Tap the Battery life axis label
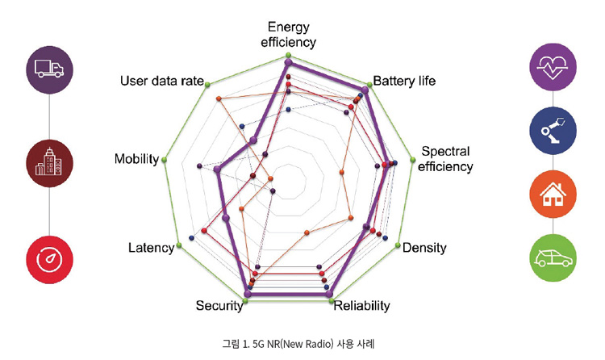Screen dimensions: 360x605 point(403,82)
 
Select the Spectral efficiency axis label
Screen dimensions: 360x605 point(445,159)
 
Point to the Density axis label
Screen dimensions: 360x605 point(424,247)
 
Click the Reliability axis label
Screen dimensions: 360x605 point(362,306)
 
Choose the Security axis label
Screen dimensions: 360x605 point(219,305)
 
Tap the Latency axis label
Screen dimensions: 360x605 point(151,247)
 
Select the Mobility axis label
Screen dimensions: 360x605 point(136,159)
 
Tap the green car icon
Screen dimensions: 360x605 point(553,258)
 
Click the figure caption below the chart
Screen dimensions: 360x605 point(298,344)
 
